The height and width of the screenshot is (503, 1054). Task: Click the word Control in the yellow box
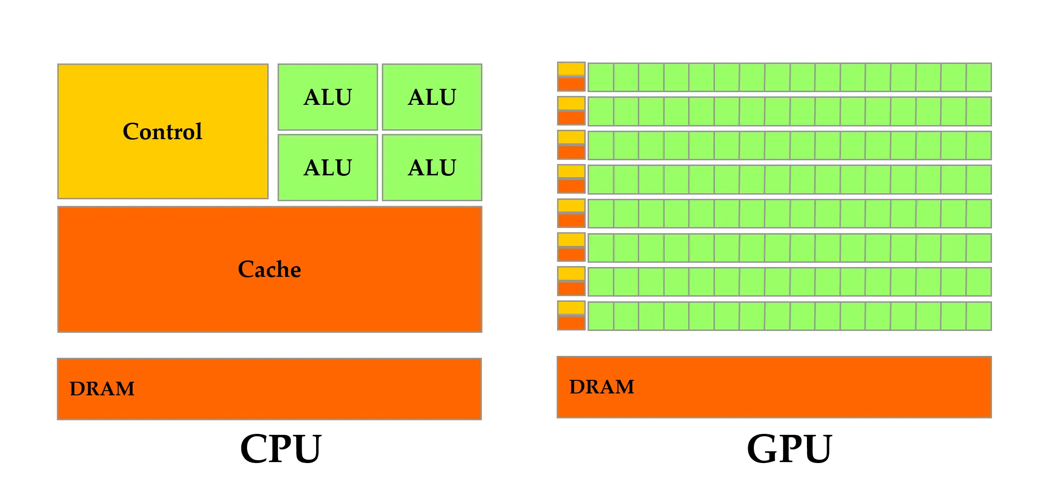coord(163,132)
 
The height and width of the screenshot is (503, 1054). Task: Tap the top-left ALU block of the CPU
coord(328,97)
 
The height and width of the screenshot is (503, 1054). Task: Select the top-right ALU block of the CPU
coord(432,97)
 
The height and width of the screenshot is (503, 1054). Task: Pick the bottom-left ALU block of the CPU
coord(328,168)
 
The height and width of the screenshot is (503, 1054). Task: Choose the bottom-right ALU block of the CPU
coord(432,168)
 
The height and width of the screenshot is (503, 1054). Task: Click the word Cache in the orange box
coord(270,269)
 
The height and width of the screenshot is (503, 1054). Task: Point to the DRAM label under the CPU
coord(102,389)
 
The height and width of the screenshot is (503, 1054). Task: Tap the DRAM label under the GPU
coord(602,387)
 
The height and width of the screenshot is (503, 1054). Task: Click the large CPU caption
coord(281,448)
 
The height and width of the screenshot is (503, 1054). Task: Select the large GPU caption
coord(790,448)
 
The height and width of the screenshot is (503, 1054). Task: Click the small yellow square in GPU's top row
coord(571,69)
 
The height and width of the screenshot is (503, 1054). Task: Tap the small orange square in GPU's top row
coord(571,84)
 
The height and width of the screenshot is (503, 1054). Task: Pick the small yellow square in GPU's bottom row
coord(571,308)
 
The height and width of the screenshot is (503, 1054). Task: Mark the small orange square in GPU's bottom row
coord(571,323)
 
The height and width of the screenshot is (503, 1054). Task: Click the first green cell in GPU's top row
coord(601,77)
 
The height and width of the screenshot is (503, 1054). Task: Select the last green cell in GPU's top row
coord(979,77)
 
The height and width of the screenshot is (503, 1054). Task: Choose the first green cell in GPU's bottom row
coord(601,316)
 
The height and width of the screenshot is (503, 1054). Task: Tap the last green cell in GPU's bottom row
coord(979,316)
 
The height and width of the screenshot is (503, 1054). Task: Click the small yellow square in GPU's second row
coord(571,103)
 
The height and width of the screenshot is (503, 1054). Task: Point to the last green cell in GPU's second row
coord(979,111)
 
